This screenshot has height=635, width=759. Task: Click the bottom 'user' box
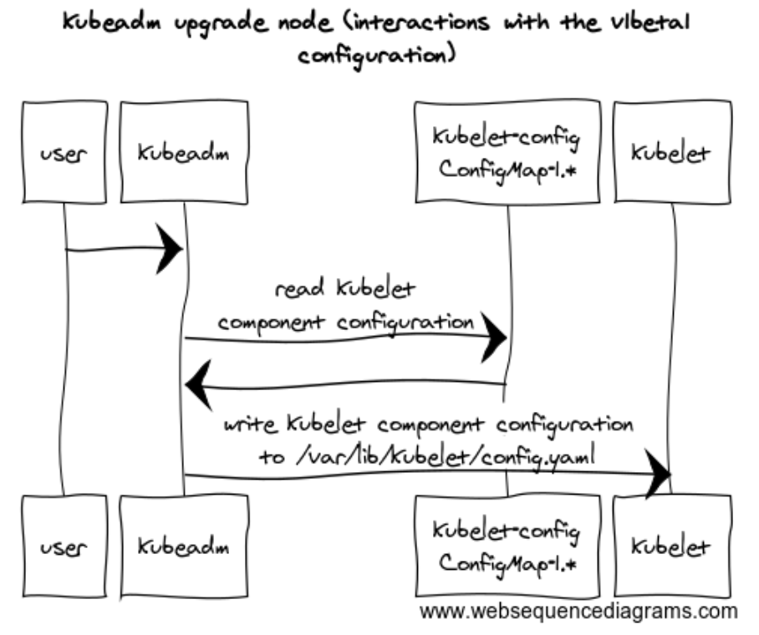click(64, 547)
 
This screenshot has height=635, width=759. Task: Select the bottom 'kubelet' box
click(671, 547)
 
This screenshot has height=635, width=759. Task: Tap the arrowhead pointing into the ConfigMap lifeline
click(497, 338)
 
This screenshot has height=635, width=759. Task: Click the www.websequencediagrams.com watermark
click(578, 610)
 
